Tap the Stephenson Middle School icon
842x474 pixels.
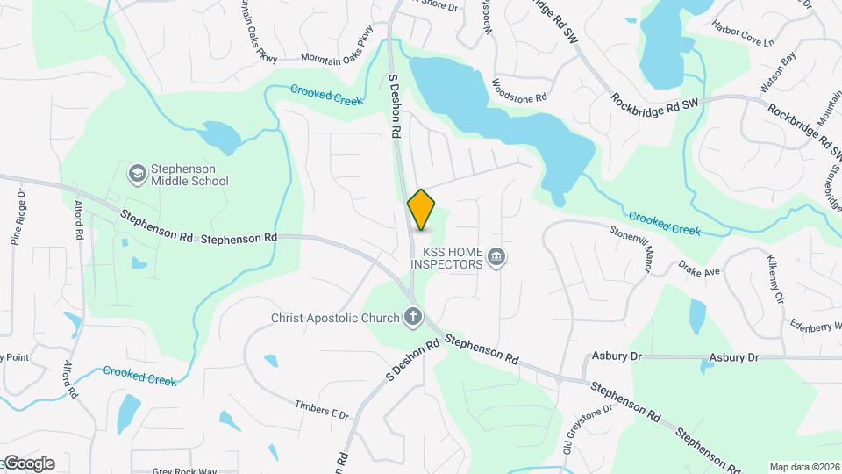coord(136,173)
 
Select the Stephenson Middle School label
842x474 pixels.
coord(189,174)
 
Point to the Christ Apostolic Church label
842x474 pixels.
coord(335,317)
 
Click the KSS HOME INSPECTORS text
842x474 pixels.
coord(446,257)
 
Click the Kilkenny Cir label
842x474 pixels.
coord(774,276)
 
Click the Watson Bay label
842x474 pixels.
coord(774,71)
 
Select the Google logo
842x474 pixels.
coord(28,463)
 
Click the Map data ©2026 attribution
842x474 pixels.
coord(803,467)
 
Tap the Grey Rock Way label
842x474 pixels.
coord(183,470)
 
